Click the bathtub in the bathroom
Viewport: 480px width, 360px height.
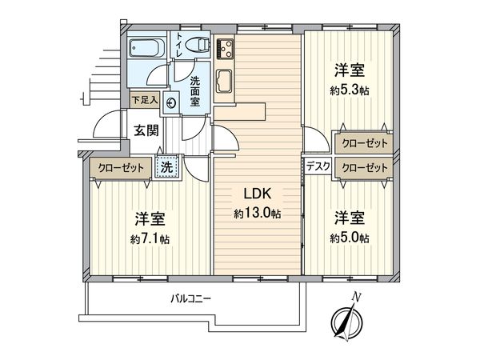tap(146, 47)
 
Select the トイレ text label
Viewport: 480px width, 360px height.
tap(178, 45)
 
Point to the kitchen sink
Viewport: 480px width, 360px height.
tap(224, 81)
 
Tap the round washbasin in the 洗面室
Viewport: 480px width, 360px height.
tap(170, 103)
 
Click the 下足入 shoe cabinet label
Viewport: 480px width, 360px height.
tap(145, 100)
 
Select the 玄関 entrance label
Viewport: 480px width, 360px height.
tap(146, 130)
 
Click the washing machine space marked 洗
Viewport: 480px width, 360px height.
tap(167, 167)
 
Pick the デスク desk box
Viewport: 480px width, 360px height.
tap(318, 166)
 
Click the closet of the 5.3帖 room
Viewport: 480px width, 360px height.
tap(363, 143)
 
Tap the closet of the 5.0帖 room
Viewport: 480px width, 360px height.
tap(363, 167)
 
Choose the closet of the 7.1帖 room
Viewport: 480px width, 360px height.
tap(121, 167)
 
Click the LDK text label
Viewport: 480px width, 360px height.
tap(258, 194)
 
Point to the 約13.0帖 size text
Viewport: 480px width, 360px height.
tap(258, 214)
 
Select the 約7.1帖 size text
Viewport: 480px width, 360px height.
tap(150, 238)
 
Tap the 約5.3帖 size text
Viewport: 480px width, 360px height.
tap(350, 90)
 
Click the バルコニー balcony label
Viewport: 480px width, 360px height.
tap(190, 298)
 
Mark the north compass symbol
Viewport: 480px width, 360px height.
tap(347, 321)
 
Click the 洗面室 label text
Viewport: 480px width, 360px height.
tap(194, 91)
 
